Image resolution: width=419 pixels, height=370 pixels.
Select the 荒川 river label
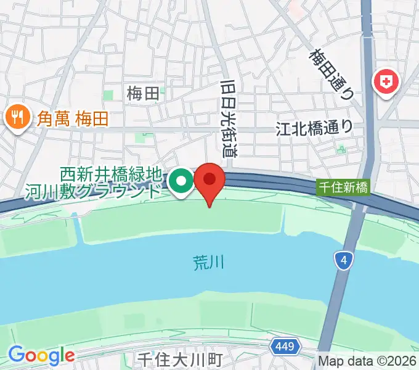205,263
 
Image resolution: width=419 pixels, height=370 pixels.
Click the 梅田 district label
143,93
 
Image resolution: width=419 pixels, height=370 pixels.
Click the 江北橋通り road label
314,128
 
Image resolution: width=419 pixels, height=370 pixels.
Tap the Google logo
41,355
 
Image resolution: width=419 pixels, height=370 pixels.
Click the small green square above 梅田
108,95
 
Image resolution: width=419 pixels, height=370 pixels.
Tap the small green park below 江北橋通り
341,149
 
